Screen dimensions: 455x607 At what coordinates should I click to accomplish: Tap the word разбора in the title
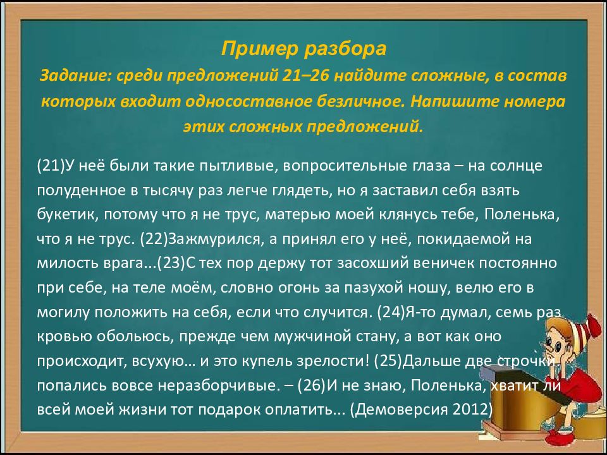click(341, 49)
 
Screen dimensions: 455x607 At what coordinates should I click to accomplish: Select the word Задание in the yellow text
click(73, 76)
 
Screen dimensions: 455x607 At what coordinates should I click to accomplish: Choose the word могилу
click(62, 312)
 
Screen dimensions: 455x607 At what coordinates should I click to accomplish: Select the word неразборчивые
click(227, 385)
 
